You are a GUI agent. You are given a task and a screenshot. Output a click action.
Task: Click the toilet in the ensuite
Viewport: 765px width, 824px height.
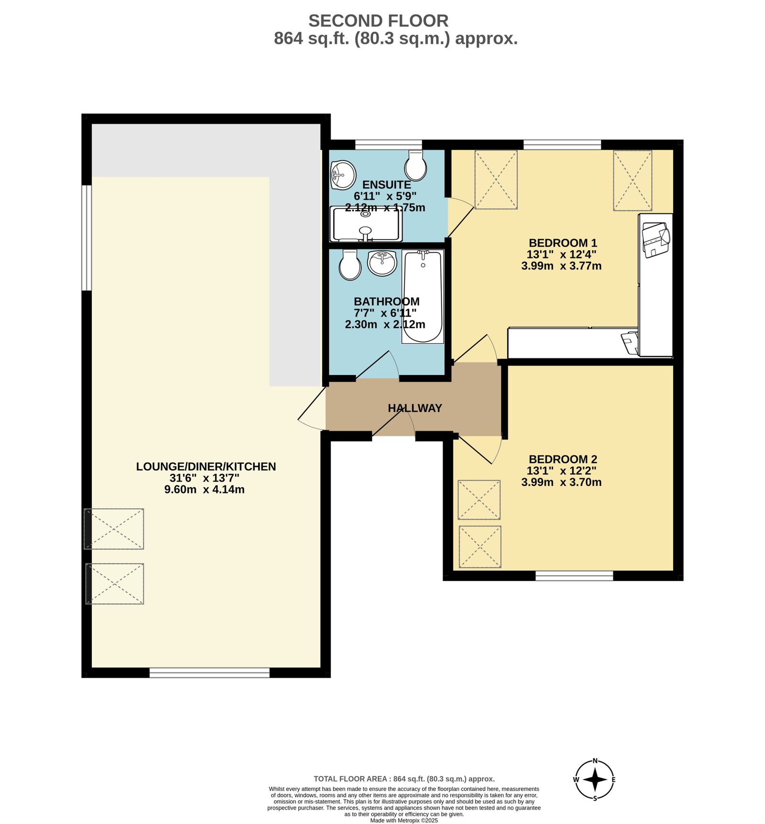415,166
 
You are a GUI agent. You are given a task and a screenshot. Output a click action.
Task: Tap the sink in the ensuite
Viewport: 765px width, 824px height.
343,174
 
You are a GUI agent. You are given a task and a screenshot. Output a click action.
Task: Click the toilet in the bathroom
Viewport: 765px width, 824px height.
350,265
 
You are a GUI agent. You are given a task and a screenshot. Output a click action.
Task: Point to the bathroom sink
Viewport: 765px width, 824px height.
382,263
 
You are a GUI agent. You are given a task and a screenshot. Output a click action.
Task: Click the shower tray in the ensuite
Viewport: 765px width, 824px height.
366,224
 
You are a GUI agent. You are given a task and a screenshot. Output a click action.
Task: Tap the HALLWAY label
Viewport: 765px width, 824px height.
415,408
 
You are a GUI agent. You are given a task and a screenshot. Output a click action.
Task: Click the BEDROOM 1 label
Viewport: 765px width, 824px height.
563,243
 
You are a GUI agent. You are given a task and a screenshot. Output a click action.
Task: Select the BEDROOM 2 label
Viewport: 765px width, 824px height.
563,459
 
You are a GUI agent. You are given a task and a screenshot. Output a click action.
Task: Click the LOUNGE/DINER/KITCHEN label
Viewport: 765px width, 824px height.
206,467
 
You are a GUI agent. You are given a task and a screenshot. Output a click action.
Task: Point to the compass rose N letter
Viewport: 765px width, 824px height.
595,761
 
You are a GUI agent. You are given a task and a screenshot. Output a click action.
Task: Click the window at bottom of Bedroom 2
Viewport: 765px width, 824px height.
574,576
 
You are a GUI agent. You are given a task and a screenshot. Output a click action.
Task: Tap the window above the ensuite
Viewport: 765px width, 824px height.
388,144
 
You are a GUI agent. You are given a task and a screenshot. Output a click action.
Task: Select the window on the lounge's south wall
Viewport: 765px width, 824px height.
209,673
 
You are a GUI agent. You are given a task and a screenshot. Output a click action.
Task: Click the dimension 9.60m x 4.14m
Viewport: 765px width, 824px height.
204,490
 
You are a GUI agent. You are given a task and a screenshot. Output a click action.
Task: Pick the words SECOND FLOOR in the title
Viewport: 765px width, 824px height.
378,21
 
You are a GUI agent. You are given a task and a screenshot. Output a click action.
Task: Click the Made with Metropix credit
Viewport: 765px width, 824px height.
404,821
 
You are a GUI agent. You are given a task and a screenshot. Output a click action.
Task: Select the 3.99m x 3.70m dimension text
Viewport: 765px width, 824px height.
561,482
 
